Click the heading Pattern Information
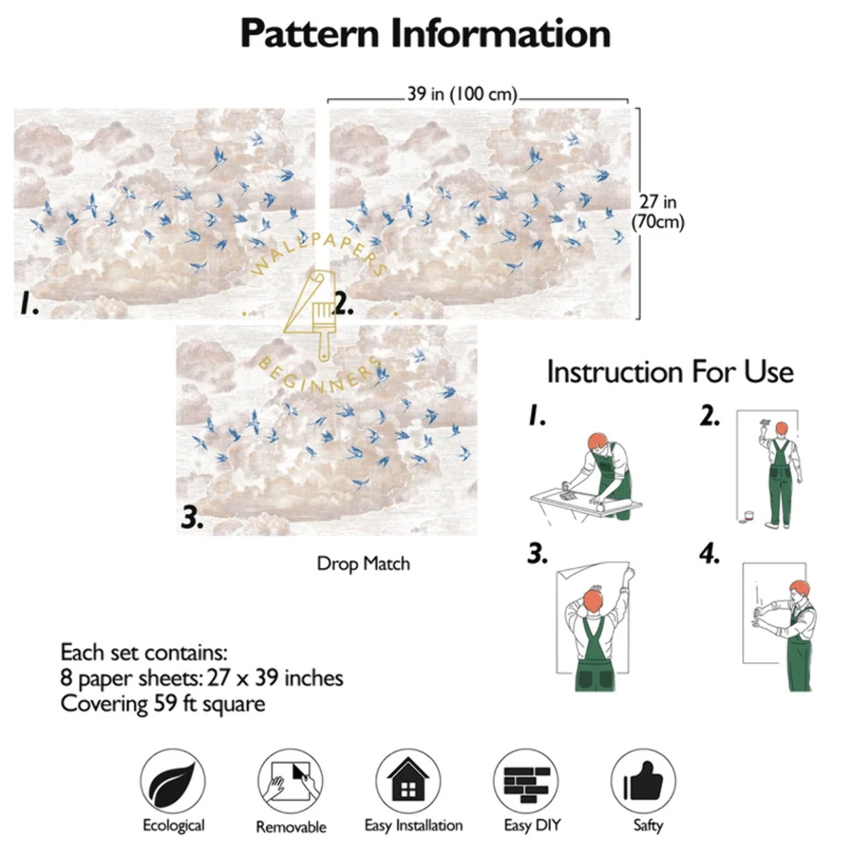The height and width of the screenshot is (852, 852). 425,34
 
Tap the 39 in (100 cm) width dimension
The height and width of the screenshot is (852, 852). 462,94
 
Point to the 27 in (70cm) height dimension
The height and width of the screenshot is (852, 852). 658,211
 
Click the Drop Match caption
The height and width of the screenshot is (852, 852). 363,564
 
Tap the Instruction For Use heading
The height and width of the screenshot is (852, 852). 670,372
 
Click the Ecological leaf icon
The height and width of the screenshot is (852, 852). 172,781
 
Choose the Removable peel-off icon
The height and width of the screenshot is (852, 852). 290,782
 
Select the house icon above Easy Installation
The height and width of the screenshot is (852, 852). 408,781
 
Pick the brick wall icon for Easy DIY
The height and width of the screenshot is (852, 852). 526,781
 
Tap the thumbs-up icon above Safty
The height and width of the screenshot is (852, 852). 643,781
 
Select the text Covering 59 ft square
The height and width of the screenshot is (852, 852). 162,704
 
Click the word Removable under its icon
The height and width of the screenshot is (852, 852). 291,827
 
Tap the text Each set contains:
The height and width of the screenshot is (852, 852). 144,652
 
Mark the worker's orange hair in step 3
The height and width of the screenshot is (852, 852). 593,600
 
